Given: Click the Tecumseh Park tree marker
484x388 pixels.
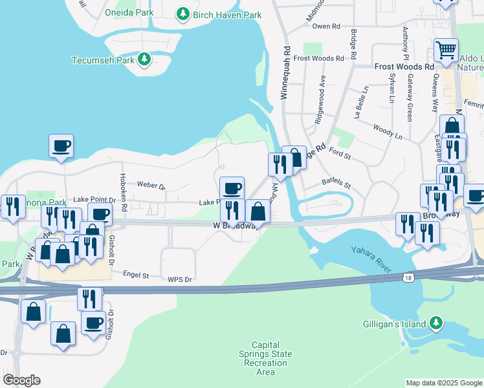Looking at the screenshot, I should tap(144, 60).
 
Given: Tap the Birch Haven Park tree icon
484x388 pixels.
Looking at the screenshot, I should tap(184, 14).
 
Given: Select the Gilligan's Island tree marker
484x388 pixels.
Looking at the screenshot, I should tap(437, 323).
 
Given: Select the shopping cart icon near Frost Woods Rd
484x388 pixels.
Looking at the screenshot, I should tap(446, 50).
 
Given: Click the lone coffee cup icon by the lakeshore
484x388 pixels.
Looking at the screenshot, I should tap(61, 146).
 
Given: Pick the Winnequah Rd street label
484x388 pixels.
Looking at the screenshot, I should tap(283, 72).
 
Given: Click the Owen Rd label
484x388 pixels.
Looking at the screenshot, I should tap(325, 27).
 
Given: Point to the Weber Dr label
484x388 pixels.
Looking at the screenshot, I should tap(151, 184).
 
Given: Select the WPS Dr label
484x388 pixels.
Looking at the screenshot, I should tap(180, 279).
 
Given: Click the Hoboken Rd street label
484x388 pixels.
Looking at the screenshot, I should tap(122, 187).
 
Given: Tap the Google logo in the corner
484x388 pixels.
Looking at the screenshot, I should tap(21, 380).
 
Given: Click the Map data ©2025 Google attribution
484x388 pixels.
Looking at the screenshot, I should tap(444, 383).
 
